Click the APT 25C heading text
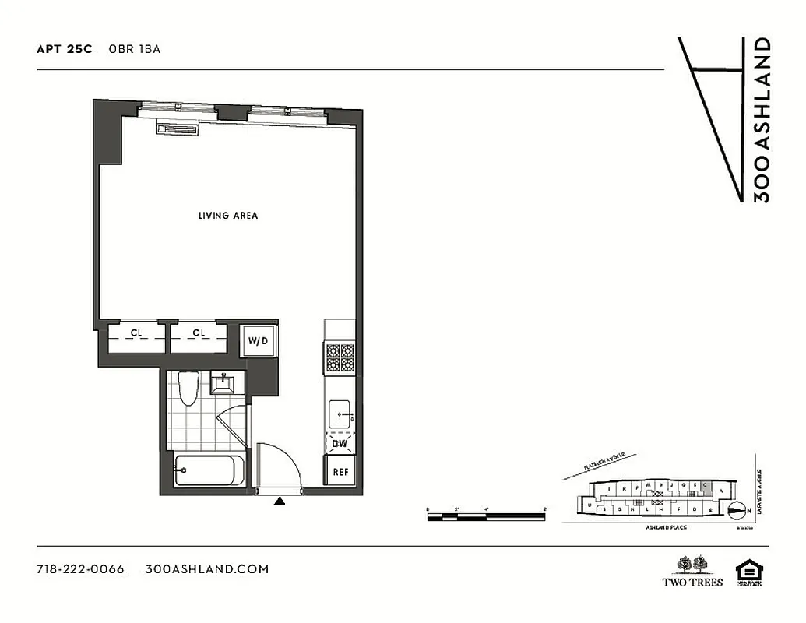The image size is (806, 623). [64, 49]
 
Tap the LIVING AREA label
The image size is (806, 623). [227, 216]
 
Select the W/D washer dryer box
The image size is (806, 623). [257, 341]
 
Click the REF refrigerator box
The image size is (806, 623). [340, 472]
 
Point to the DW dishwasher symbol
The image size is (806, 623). [340, 444]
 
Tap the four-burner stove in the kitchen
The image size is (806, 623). [340, 360]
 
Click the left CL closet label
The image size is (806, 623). [136, 333]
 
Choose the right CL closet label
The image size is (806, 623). [199, 333]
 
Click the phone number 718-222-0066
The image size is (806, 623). [80, 569]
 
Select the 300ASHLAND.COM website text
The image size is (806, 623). [207, 569]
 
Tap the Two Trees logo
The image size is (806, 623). [692, 571]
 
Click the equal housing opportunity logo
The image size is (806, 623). [750, 572]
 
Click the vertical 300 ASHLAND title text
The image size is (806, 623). [762, 120]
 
